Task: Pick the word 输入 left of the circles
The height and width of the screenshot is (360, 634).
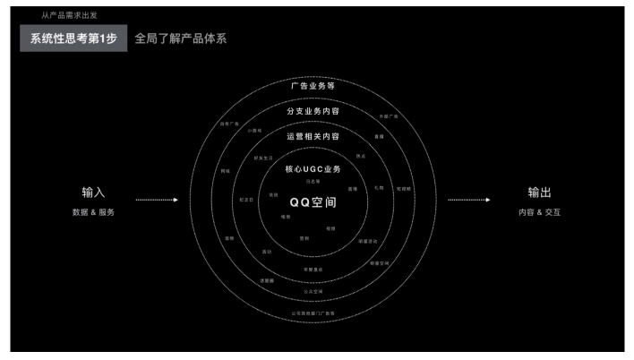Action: (x=94, y=193)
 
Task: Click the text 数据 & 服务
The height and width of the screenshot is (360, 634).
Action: (x=94, y=212)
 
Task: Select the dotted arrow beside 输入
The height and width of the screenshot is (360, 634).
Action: (x=156, y=200)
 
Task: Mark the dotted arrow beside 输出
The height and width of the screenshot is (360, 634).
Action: (x=468, y=200)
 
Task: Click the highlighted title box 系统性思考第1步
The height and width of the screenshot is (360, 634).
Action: (x=73, y=39)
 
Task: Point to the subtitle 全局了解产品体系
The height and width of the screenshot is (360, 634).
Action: (x=176, y=39)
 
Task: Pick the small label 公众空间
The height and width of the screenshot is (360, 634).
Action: (x=313, y=291)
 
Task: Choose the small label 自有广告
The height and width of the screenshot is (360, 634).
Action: (x=230, y=124)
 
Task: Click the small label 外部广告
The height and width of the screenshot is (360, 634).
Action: (x=388, y=116)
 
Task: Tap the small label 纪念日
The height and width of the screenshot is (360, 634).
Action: (x=246, y=200)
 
